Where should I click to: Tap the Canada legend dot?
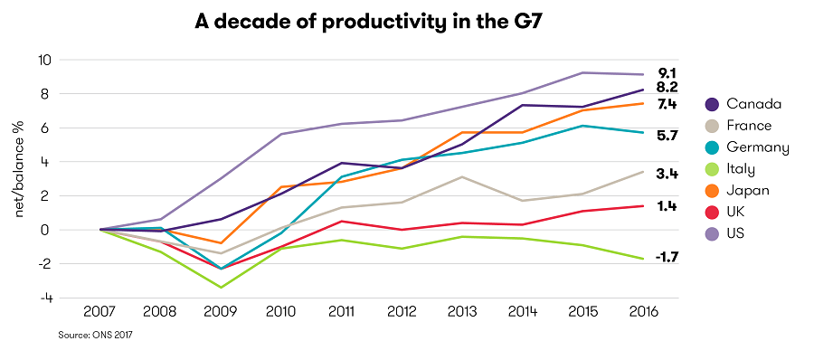(711, 104)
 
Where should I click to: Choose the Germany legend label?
(758, 147)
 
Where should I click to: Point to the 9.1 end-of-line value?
(667, 72)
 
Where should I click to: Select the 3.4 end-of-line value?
(667, 173)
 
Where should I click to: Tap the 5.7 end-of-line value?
(667, 135)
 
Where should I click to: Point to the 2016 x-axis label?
(642, 312)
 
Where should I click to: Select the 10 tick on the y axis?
(44, 60)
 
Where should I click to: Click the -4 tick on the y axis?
(45, 298)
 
